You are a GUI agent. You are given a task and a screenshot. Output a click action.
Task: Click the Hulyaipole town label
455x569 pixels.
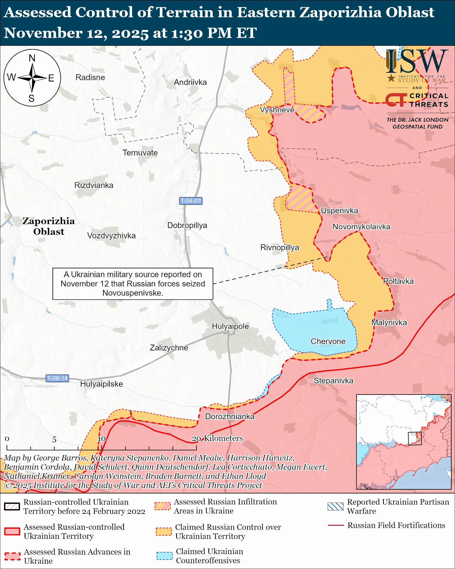click(x=230, y=326)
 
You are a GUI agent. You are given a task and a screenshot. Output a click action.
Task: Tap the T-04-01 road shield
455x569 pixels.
click(x=191, y=201)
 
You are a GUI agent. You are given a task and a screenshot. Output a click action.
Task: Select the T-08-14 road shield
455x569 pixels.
click(x=57, y=378)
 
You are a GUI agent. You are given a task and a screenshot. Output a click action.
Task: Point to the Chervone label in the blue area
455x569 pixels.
click(x=328, y=341)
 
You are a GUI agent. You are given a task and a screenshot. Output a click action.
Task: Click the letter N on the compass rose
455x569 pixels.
click(x=32, y=58)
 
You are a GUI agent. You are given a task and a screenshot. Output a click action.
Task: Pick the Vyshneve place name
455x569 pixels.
click(x=277, y=110)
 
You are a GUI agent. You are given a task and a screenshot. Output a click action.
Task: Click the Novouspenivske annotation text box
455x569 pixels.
click(x=133, y=284)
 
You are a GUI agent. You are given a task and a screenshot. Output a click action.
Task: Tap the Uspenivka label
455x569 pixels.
click(x=339, y=211)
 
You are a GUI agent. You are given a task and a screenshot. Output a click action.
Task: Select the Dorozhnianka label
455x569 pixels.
click(x=230, y=416)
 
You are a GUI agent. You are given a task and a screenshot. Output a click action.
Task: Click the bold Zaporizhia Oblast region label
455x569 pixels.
click(x=48, y=226)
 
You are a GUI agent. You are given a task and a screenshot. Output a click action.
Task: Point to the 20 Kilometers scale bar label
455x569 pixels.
click(x=217, y=438)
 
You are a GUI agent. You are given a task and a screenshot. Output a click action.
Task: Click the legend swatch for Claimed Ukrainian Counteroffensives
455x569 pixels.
click(x=164, y=556)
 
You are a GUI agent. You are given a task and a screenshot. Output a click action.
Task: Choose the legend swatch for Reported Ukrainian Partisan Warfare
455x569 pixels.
click(x=335, y=506)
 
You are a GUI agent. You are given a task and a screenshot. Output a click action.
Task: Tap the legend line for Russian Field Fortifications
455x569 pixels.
click(x=336, y=525)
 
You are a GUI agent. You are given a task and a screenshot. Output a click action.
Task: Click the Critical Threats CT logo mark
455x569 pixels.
click(x=396, y=100)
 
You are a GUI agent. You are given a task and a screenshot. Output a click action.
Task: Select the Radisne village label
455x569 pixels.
click(x=90, y=77)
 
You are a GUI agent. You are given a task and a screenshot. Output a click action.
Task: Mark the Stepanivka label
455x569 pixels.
click(x=333, y=381)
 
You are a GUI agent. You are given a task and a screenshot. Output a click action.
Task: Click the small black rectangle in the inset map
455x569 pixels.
click(x=414, y=438)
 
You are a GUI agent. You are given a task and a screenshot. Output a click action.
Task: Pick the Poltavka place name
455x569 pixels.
click(x=398, y=281)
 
